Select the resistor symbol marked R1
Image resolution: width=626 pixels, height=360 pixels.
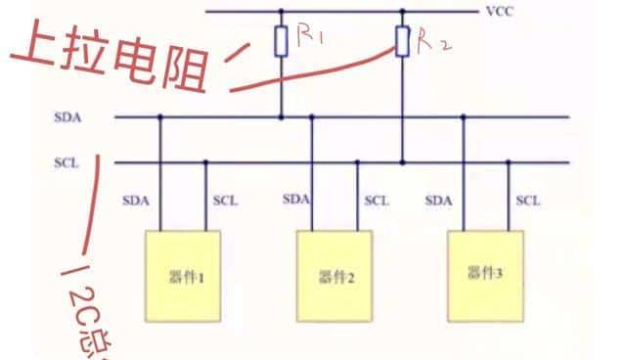point(281,41)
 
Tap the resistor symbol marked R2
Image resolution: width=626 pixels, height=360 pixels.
point(402,41)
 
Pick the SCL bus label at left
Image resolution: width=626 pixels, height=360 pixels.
point(67,162)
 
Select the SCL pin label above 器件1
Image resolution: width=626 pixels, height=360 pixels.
point(225,201)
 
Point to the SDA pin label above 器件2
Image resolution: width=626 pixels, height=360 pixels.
point(296,200)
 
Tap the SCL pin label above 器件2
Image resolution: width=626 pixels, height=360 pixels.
point(377,201)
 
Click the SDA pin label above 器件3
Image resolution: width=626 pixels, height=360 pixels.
point(439,201)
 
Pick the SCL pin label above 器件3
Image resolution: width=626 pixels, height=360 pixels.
point(528,201)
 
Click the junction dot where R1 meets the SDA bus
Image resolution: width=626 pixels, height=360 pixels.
point(281,117)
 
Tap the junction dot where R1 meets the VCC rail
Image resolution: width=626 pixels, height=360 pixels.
point(281,12)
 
